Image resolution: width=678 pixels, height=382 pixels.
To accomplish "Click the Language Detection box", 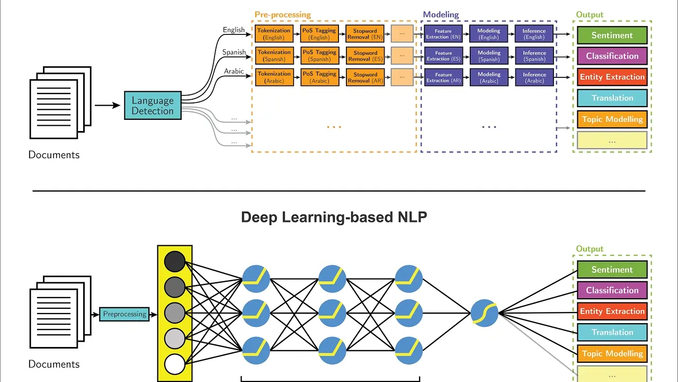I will pos(153,106).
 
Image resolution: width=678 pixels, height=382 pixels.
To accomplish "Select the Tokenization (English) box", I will pos(274,34).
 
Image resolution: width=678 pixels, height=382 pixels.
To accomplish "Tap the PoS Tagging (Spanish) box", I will pos(319,56).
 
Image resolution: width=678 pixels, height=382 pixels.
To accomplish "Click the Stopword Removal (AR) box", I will pos(365,77).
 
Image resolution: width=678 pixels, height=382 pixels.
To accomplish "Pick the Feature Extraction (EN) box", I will pos(443,34).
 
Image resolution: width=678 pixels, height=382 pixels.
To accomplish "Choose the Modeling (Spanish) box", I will pos(489,56).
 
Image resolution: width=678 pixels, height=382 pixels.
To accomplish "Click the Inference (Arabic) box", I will pos(534,77).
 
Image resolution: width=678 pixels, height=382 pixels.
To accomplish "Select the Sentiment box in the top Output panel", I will pos(612,36).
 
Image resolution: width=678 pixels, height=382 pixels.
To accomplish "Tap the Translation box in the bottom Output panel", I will pos(612,333).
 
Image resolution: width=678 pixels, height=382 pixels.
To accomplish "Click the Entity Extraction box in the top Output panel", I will pos(612,77).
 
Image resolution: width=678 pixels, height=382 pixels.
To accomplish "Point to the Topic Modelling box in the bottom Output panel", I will pos(612,354).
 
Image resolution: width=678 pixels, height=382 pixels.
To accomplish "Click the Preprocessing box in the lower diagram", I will pos(124,314).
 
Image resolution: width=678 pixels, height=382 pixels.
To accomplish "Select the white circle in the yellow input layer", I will pos(175,364).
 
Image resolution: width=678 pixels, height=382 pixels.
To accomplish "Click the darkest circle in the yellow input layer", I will pos(175,262).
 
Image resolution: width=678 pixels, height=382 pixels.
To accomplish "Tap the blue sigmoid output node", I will pos(485,313).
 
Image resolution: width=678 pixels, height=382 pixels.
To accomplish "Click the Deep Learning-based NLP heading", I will pos(334,218).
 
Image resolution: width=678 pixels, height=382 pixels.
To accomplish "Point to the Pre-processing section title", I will pos(283,15).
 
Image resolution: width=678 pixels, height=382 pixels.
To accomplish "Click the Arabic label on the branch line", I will pos(234,71).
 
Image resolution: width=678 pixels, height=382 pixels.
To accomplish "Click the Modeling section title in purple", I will pos(441,15).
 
